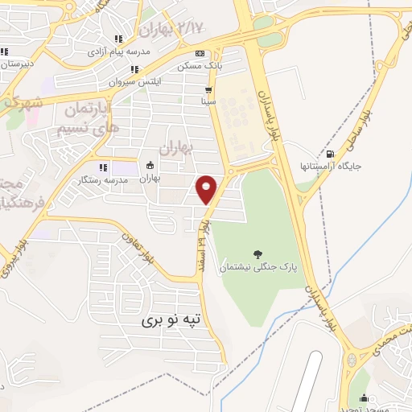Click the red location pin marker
pyautogui.click(x=207, y=189)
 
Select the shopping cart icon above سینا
pyautogui.click(x=208, y=90)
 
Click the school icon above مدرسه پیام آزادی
pyautogui.click(x=118, y=39)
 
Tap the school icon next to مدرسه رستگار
pyautogui.click(x=102, y=167)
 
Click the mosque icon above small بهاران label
pyautogui.click(x=149, y=167)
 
